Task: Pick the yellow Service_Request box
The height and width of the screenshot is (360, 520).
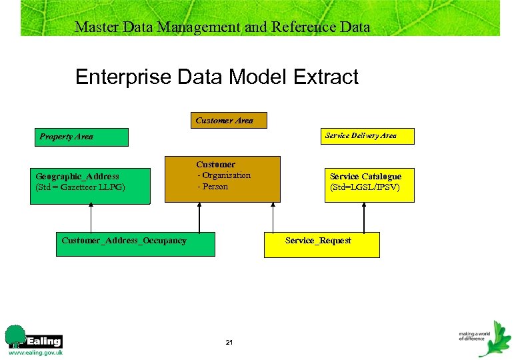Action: point(322,245)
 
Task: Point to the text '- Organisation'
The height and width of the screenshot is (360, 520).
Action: point(224,175)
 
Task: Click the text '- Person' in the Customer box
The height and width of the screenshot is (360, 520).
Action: point(213,187)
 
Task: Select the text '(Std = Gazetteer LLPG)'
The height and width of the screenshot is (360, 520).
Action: point(80,187)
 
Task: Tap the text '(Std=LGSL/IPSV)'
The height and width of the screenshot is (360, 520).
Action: point(365,187)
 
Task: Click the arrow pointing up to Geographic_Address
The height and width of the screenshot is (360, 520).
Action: point(91,217)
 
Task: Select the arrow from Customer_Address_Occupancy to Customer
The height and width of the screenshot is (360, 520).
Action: point(197,217)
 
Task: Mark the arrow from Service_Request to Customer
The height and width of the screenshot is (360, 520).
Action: point(272,217)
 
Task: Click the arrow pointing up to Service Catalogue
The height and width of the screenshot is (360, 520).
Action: point(364,217)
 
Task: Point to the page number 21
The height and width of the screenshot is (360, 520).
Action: point(229,342)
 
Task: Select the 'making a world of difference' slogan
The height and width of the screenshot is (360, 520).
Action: point(474,335)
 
